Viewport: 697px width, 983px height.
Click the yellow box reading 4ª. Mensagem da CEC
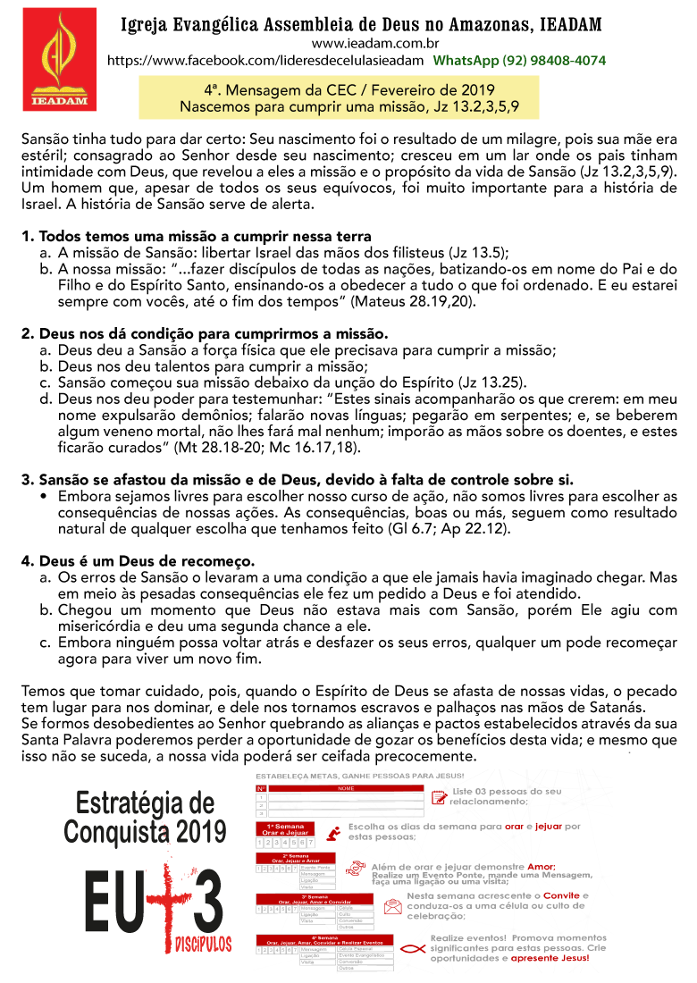[361, 98]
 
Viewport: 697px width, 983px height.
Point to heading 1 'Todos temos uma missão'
[197, 237]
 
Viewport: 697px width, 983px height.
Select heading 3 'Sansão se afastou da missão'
[297, 479]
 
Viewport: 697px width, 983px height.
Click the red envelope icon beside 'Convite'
[392, 904]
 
